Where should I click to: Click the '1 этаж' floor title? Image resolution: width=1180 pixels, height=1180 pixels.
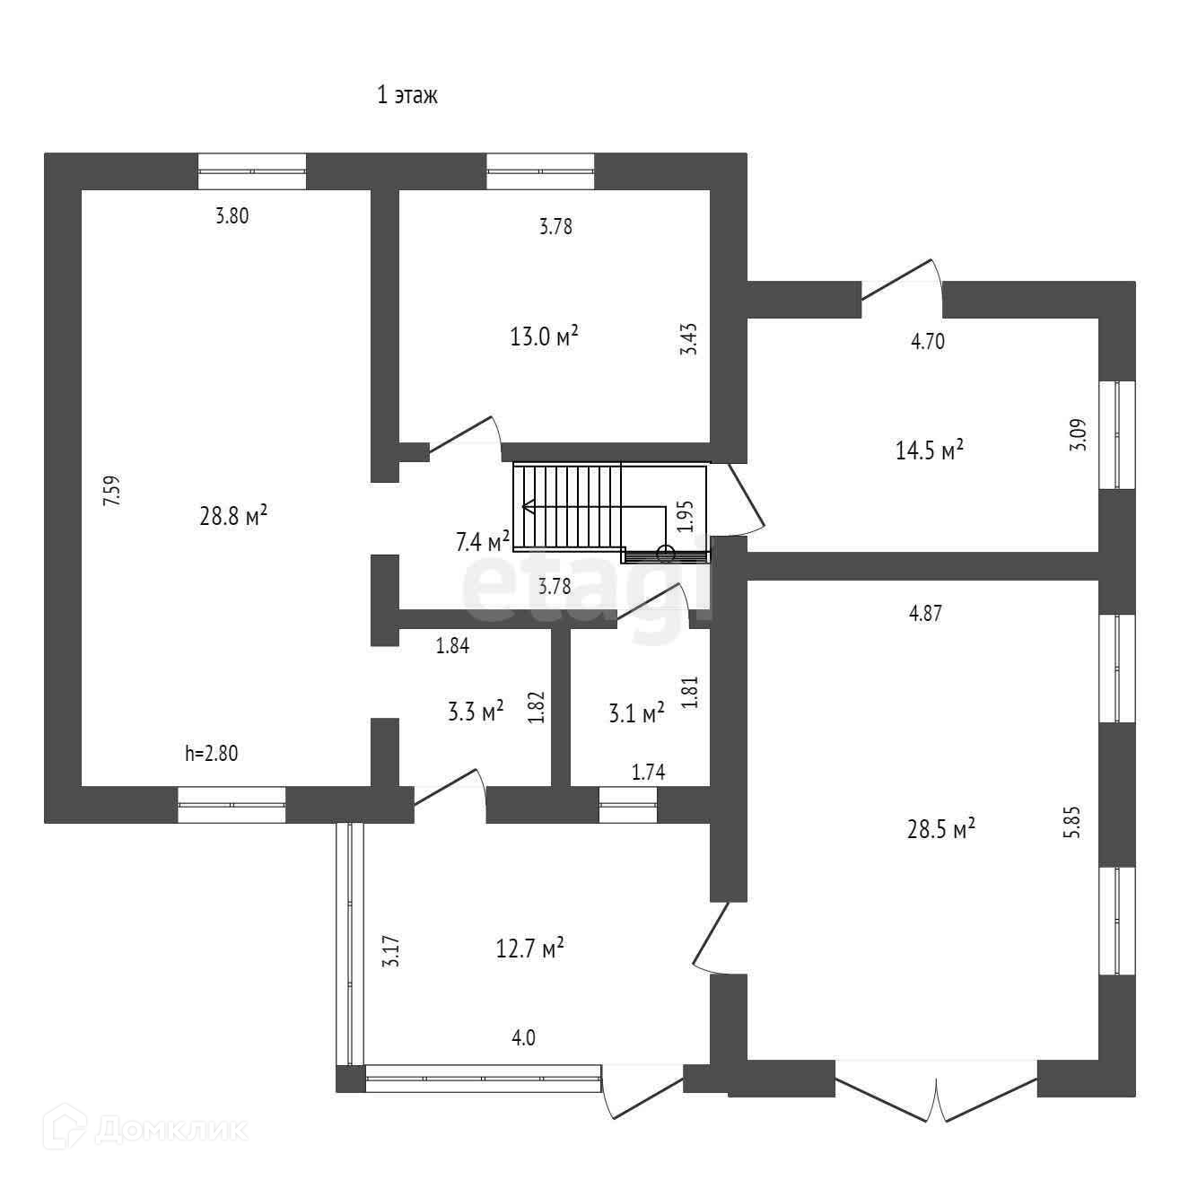[x=406, y=96]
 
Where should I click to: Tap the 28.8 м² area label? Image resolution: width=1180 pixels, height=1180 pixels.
[x=233, y=516]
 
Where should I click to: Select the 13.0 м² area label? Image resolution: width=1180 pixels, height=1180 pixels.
[x=544, y=337]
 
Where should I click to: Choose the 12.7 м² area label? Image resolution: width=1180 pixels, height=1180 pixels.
[x=529, y=948]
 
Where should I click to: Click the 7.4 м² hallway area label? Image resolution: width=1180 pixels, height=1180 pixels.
[x=483, y=541]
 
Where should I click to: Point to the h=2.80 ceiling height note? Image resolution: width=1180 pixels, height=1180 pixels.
[x=212, y=754]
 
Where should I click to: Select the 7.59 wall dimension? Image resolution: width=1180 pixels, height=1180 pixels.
[x=111, y=492]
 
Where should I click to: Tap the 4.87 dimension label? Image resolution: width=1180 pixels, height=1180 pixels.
[x=925, y=614]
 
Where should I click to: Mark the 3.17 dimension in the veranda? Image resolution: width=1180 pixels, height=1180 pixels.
[x=389, y=951]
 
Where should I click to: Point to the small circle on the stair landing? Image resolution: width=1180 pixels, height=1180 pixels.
[x=665, y=554]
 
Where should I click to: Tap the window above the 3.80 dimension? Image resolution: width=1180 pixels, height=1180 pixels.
[x=252, y=170]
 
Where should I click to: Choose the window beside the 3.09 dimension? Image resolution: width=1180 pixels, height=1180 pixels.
[x=1118, y=435]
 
